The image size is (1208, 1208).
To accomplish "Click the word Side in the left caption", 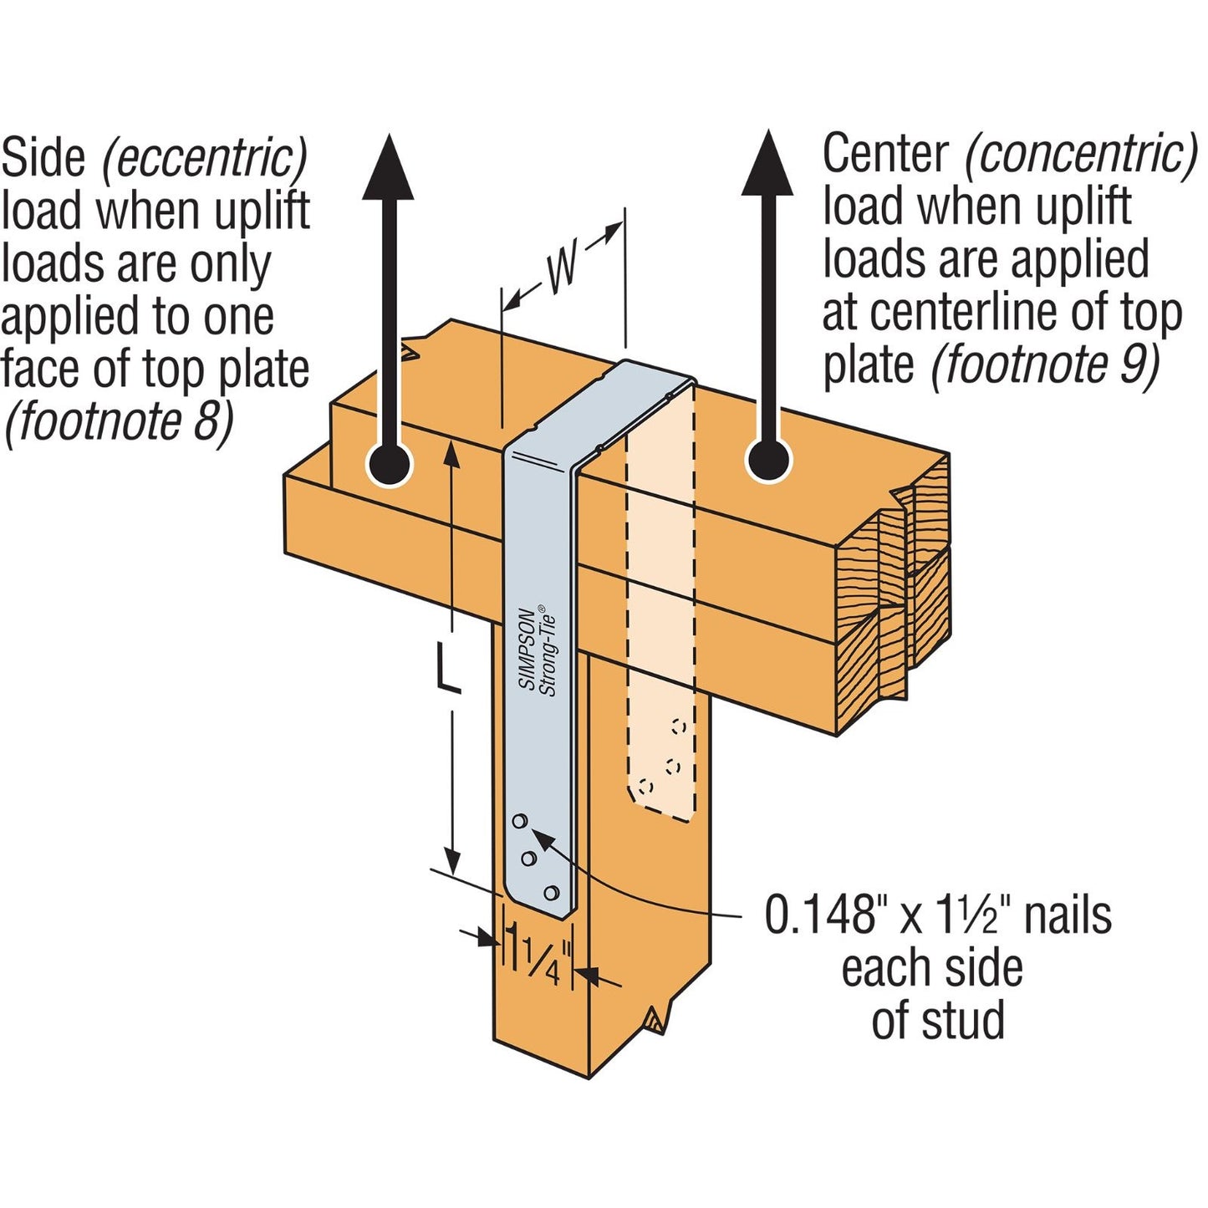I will coord(43,158).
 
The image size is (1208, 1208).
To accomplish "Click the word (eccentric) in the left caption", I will coord(205,158).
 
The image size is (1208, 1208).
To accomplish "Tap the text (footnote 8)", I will coord(119,421).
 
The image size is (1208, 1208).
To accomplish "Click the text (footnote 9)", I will coord(1046,364).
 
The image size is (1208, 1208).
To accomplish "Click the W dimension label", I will coord(562,269).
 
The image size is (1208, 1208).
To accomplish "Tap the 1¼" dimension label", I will coord(543,960).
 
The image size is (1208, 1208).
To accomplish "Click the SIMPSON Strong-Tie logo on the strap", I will coord(538,650).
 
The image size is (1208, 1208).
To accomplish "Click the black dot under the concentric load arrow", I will coord(767,460).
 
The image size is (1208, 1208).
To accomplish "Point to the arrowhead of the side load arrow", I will coord(388,167).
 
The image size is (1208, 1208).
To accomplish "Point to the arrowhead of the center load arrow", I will coord(767,164).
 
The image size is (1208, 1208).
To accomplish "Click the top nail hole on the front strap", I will coord(519,821).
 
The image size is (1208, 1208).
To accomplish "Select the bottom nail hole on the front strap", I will coord(551,893).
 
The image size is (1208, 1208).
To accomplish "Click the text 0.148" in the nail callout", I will coord(823,915).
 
